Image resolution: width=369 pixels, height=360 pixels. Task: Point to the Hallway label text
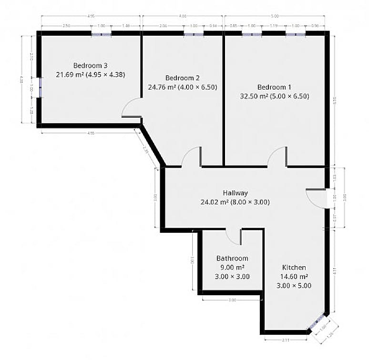click(236, 193)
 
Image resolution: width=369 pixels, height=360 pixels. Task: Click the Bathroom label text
click(232, 259)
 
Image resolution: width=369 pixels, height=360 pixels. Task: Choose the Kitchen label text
click(294, 268)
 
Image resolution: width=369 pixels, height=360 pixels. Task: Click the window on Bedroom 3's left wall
click(40, 87)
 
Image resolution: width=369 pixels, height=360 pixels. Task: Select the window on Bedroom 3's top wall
click(101, 33)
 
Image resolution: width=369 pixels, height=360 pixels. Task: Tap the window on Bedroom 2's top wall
click(194, 33)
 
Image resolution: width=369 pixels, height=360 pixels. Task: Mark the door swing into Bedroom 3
click(131, 109)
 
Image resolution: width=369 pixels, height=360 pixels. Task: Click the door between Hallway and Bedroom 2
click(191, 158)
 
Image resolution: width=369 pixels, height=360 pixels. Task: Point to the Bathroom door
click(233, 237)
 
